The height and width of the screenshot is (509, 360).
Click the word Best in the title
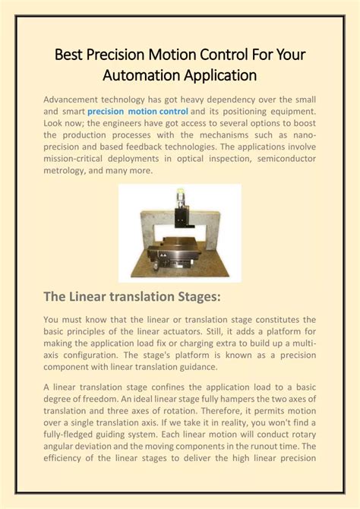click(x=69, y=55)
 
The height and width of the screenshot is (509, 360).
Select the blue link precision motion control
click(x=137, y=112)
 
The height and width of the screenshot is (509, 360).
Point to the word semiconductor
click(x=286, y=159)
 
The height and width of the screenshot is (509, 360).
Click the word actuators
click(x=183, y=331)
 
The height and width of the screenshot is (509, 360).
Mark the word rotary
click(x=304, y=435)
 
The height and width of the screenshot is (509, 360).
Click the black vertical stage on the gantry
click(x=183, y=216)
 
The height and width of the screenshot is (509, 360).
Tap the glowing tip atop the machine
click(x=180, y=191)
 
